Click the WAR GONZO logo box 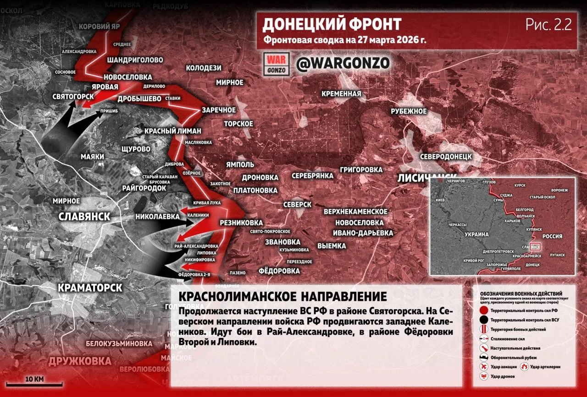tap(277, 64)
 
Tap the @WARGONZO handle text tap(343, 64)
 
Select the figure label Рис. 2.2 tap(548, 25)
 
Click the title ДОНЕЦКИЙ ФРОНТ tap(332, 24)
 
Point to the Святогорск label tap(73, 97)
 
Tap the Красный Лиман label tap(173, 131)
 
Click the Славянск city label tap(84, 217)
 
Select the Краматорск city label tap(90, 288)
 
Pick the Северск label tap(297, 204)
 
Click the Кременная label tap(341, 94)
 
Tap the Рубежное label tap(409, 111)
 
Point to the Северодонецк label tap(446, 156)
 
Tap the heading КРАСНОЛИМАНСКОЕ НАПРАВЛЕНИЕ tap(282, 296)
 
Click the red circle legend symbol tap(483, 310)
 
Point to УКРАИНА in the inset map tap(476, 234)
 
